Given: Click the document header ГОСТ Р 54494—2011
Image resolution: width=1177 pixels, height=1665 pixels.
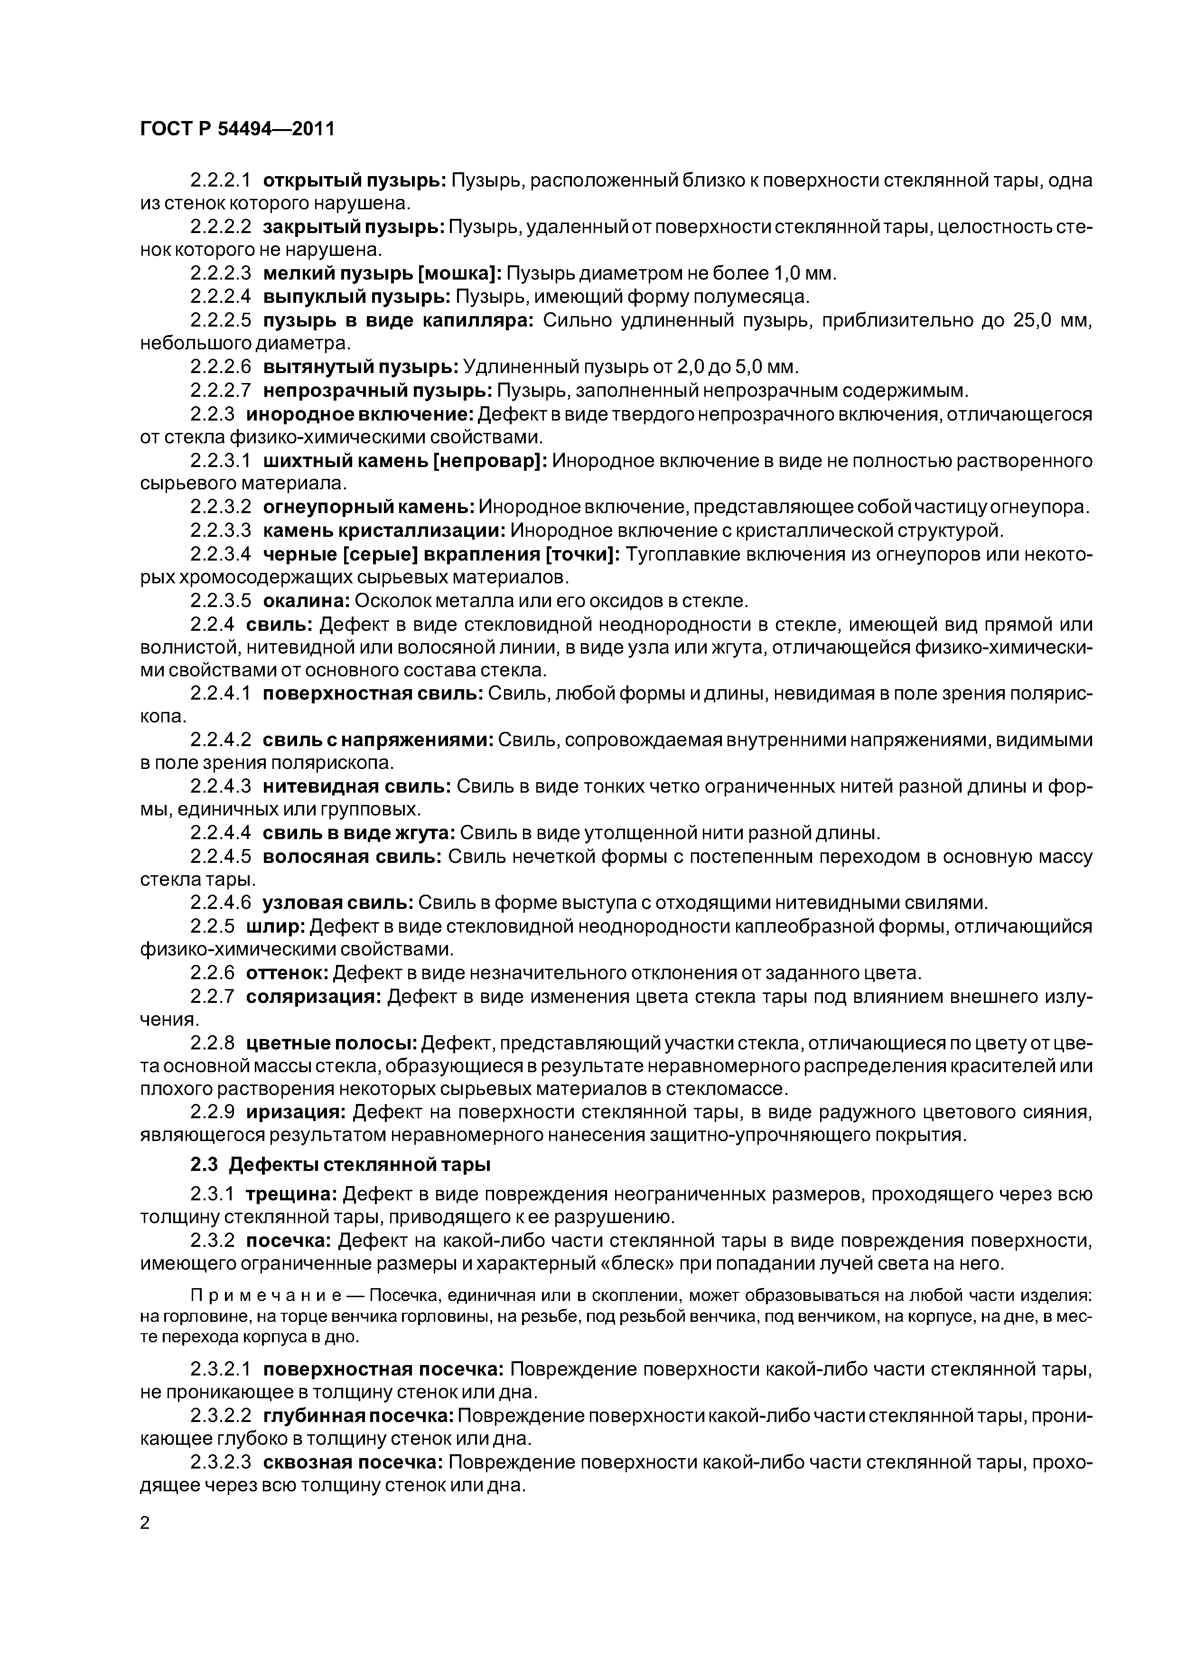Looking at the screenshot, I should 236,130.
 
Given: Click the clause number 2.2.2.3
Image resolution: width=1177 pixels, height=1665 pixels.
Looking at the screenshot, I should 221,273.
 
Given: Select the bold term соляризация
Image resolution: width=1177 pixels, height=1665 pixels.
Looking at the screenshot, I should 313,996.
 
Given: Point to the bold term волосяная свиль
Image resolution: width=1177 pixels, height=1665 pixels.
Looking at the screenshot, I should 352,856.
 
